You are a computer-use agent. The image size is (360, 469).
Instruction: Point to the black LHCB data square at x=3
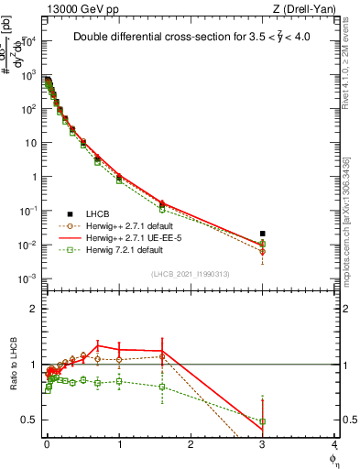(263, 234)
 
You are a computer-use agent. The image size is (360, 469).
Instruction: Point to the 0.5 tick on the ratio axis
(28, 420)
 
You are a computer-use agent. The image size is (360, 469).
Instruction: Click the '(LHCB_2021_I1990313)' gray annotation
(190, 275)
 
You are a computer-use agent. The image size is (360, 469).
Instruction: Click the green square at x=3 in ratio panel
(263, 421)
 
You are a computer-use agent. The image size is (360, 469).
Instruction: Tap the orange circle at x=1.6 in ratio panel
(162, 356)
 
